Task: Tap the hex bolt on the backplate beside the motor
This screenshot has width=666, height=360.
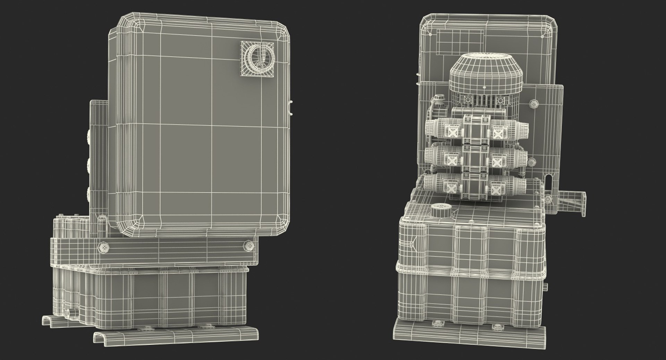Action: click(533, 103)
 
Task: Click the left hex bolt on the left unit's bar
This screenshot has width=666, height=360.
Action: click(104, 247)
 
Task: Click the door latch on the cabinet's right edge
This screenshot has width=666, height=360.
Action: click(290, 108)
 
